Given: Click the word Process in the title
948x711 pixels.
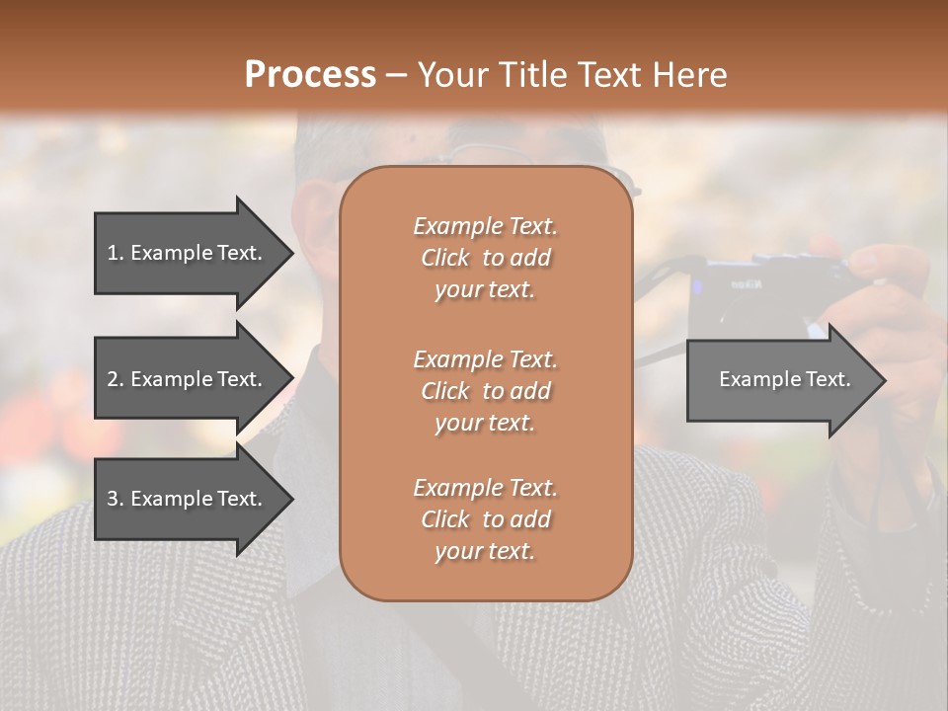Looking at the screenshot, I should point(310,75).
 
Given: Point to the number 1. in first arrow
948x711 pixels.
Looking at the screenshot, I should point(116,253).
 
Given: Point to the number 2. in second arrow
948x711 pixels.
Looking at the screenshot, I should point(116,379).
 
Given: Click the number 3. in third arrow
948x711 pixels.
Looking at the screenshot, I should point(116,499).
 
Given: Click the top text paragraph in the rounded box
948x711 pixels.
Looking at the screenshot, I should point(485,258).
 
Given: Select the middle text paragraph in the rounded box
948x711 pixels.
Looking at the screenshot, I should point(485,390).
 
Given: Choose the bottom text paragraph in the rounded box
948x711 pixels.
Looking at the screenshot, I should point(485,519).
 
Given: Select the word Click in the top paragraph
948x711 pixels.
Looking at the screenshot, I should point(445,258).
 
